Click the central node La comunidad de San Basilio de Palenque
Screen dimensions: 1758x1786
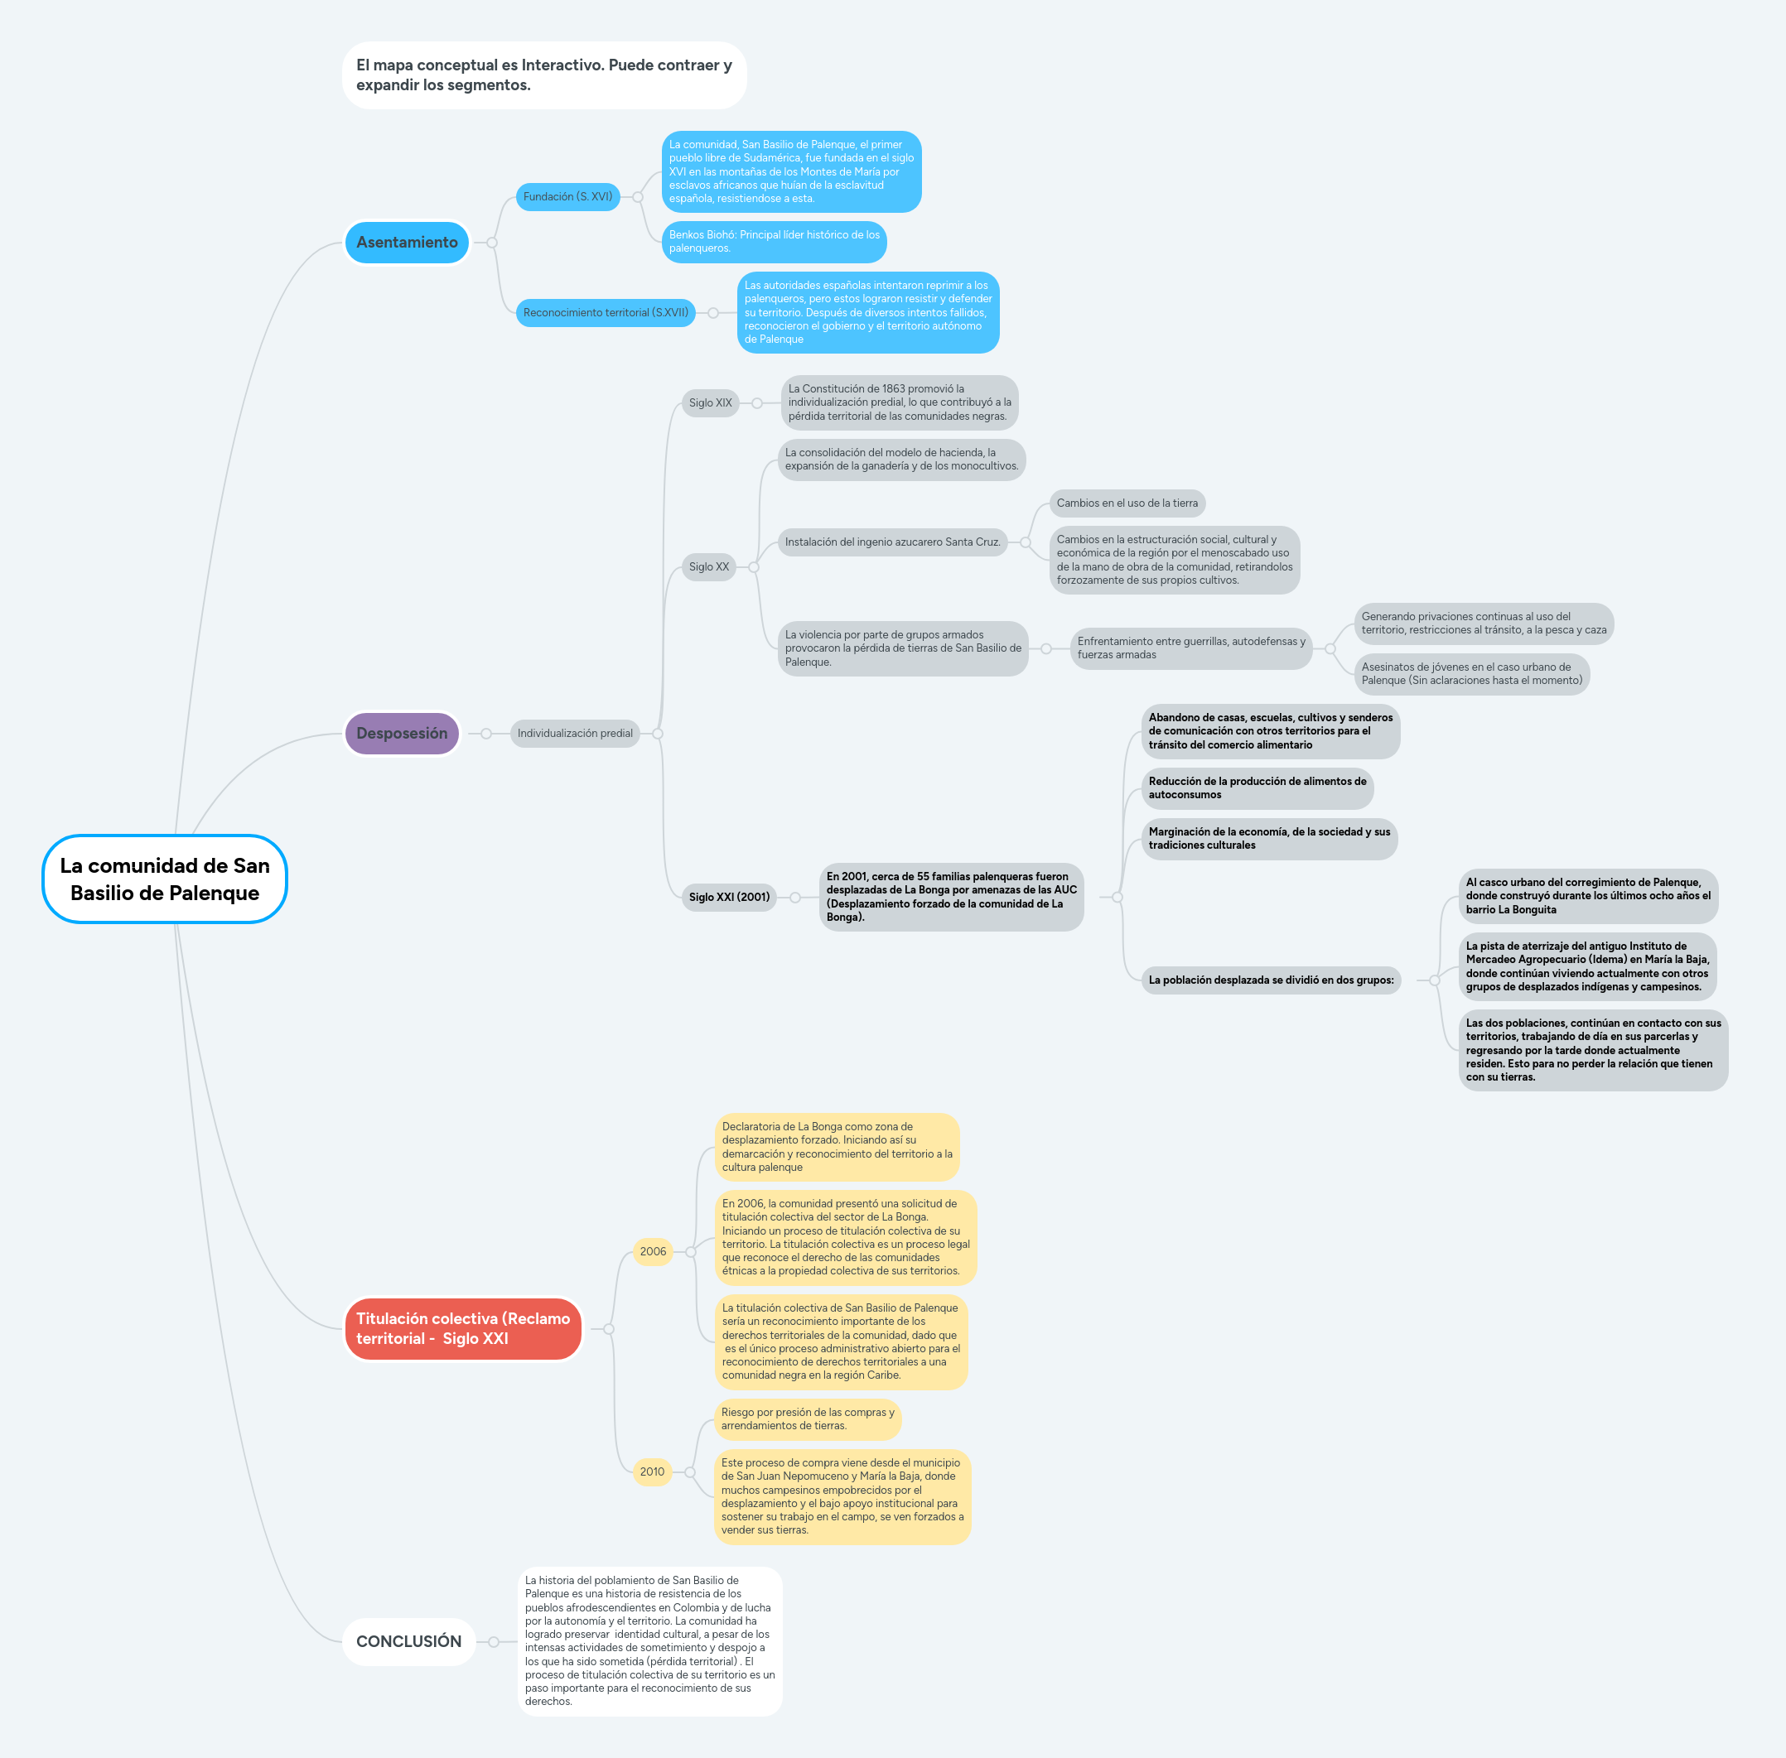click(x=164, y=879)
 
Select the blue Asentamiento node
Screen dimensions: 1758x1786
click(x=407, y=242)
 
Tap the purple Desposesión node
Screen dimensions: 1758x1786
click(x=402, y=733)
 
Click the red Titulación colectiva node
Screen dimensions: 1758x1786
click(x=463, y=1329)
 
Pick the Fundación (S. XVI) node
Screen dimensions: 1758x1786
click(x=567, y=196)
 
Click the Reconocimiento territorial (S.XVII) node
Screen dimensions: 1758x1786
click(x=605, y=312)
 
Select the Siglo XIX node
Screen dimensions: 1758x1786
click(x=709, y=402)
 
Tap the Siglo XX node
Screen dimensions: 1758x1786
click(x=708, y=567)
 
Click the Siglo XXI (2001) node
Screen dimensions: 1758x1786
click(x=729, y=897)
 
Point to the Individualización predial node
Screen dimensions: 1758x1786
click(x=574, y=733)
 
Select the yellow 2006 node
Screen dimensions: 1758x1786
click(x=652, y=1251)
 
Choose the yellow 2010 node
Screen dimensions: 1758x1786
click(x=652, y=1471)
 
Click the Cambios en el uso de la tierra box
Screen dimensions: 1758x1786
click(x=1127, y=503)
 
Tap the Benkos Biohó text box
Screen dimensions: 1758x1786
click(x=774, y=241)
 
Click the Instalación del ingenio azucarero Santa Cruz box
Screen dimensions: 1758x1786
click(x=892, y=542)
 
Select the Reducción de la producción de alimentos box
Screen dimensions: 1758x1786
click(x=1257, y=787)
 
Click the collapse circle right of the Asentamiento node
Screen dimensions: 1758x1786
click(x=492, y=243)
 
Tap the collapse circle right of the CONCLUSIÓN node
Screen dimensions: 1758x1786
click(x=494, y=1642)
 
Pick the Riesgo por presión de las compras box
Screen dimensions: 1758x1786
click(x=807, y=1418)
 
